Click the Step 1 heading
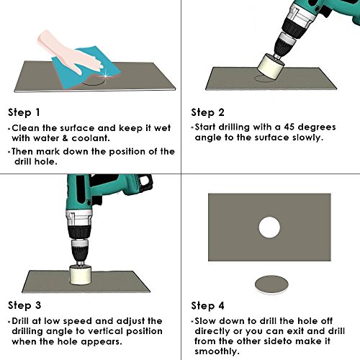tap(25, 113)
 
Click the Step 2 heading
tap(208, 113)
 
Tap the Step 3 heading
tap(25, 305)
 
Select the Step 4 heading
tap(208, 305)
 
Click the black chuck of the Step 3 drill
tap(81, 252)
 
